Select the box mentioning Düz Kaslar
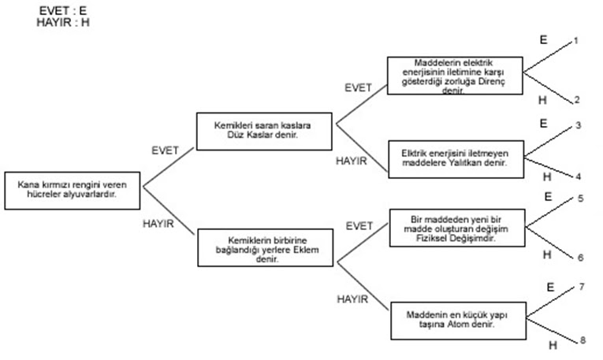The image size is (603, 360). (x=266, y=130)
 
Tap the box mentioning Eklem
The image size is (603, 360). (x=266, y=247)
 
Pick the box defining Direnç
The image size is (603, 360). (x=455, y=76)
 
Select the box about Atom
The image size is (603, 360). (x=455, y=320)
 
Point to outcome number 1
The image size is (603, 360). (x=576, y=40)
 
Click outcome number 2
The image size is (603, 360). (x=576, y=99)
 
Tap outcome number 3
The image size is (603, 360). (x=578, y=126)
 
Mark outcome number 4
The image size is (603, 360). (x=578, y=176)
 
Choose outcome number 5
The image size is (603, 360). (x=580, y=199)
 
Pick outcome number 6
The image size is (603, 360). (x=580, y=257)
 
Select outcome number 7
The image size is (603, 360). (x=582, y=287)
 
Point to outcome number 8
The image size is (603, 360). (x=582, y=340)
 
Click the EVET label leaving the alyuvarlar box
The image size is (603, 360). (x=164, y=149)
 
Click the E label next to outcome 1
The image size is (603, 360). (x=542, y=39)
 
